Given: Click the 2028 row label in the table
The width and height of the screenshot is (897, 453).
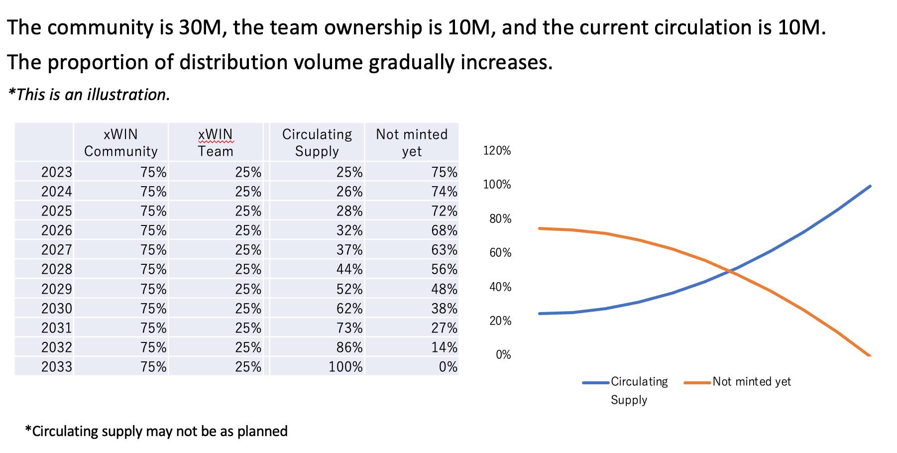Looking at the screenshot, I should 56,269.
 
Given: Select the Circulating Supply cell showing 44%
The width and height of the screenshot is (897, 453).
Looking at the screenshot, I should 349,269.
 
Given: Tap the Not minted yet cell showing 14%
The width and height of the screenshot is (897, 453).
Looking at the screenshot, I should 444,347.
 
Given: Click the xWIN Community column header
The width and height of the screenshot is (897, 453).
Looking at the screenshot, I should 120,142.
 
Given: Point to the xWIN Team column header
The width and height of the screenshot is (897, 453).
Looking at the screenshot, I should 215,142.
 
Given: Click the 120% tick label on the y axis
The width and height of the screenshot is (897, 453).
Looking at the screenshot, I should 497,151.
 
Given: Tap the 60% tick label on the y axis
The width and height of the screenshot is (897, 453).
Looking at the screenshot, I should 500,253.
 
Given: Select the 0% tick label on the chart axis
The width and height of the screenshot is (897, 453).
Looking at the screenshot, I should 503,355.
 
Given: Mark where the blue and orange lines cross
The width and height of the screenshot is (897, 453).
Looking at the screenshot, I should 730,271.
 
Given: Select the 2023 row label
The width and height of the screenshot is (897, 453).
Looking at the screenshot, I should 56,172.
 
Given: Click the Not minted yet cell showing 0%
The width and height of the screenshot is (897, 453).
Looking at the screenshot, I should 448,367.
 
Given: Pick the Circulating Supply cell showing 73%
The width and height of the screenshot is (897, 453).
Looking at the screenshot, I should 349,328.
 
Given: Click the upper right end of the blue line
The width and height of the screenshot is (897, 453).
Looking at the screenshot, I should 870,186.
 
